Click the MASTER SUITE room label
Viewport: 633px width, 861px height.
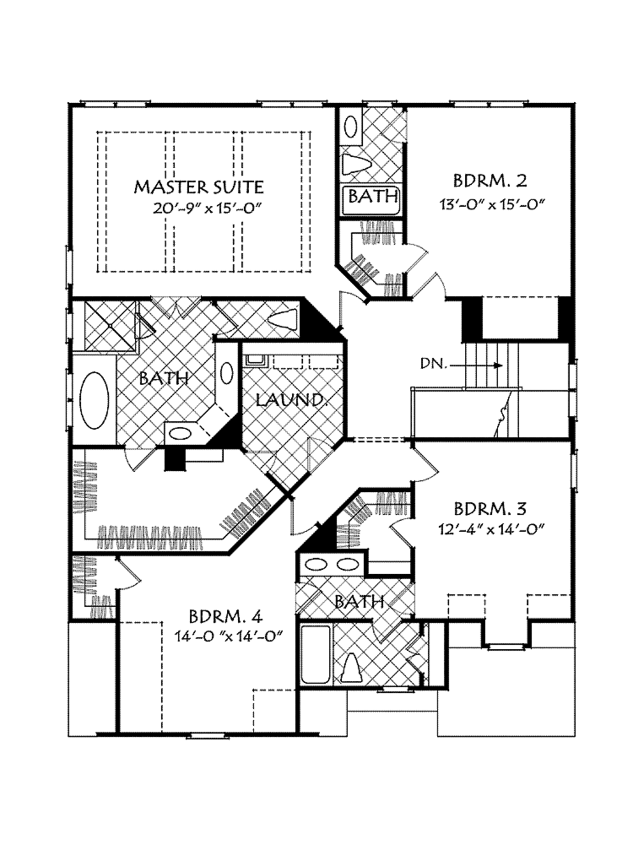click(199, 187)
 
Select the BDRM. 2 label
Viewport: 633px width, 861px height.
click(490, 181)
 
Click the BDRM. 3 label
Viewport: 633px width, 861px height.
click(490, 509)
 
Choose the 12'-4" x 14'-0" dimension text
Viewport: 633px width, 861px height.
click(492, 529)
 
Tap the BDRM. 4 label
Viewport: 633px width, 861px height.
click(226, 616)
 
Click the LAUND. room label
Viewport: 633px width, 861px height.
click(291, 399)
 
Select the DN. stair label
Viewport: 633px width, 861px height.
click(434, 363)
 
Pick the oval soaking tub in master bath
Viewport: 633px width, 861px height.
click(95, 400)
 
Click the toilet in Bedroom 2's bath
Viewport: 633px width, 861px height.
click(355, 164)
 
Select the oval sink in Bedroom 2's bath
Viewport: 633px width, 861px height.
click(350, 127)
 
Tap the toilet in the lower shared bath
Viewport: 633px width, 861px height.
click(351, 669)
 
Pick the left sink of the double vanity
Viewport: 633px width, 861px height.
click(318, 564)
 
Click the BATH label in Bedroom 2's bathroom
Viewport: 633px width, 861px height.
click(373, 197)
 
